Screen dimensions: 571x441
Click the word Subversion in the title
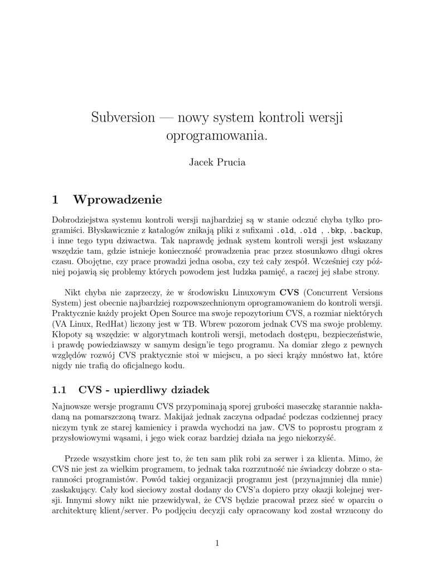[x=123, y=118]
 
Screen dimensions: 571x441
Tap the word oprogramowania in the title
[x=214, y=136]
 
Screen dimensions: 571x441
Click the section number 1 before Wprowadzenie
[x=55, y=199]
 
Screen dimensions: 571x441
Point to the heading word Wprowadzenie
[x=118, y=199]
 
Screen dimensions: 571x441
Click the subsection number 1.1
[x=59, y=389]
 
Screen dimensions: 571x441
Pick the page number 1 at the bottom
[x=217, y=544]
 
